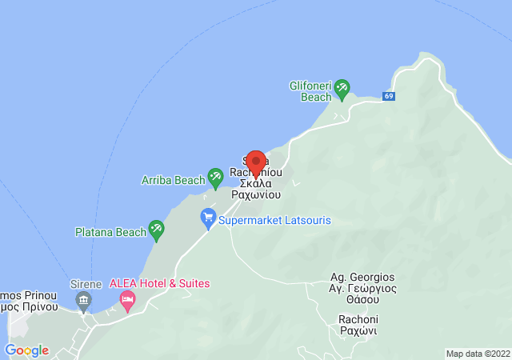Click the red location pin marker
255,163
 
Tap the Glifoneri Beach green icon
342,89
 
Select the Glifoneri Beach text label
315,91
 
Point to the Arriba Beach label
174,180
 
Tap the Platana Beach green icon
156,230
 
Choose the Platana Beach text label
111,232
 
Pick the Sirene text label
86,284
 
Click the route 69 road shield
389,96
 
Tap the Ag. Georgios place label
362,277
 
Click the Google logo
26,350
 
